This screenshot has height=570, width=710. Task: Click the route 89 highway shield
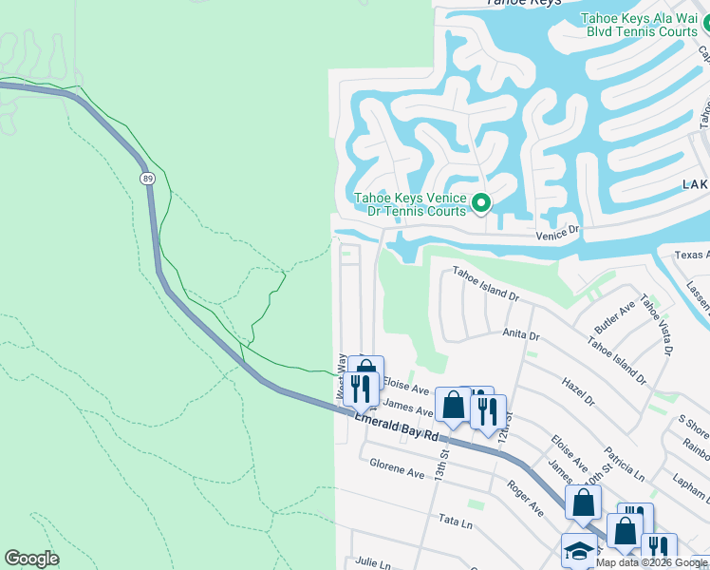(x=147, y=178)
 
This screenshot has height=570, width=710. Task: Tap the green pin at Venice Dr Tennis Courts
(x=481, y=202)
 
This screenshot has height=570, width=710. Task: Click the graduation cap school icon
(x=579, y=550)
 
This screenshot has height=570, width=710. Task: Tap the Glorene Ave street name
(x=397, y=469)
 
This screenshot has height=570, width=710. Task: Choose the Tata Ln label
(x=449, y=520)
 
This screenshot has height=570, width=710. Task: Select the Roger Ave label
(x=524, y=497)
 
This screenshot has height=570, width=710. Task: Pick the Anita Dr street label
(x=520, y=335)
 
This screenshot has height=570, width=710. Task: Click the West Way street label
(x=338, y=376)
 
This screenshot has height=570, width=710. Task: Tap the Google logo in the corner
(x=31, y=559)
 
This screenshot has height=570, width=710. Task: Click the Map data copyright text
(x=650, y=562)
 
